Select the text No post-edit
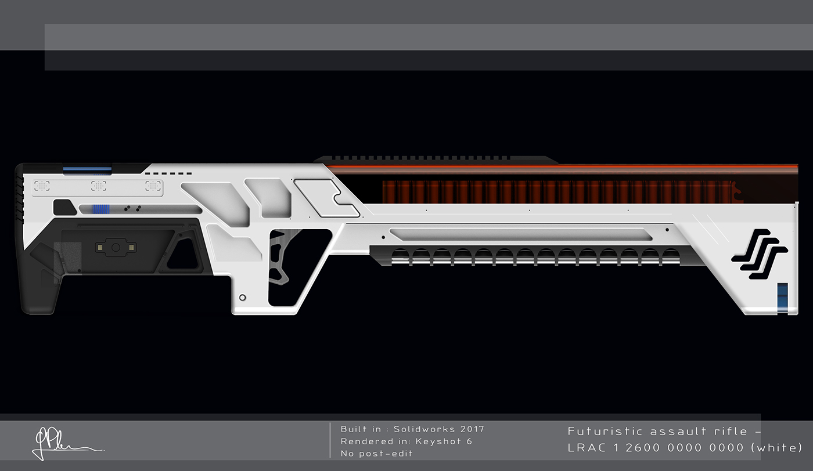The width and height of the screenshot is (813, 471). click(x=376, y=454)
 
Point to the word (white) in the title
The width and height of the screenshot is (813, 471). click(x=776, y=447)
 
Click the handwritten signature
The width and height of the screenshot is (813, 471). click(x=64, y=444)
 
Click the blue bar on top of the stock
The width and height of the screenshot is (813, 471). click(x=87, y=169)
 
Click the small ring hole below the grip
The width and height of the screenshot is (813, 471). click(x=242, y=298)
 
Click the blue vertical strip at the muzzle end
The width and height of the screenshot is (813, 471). click(x=782, y=297)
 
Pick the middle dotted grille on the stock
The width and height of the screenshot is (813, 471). click(x=99, y=186)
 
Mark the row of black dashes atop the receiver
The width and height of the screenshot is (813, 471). click(x=168, y=173)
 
